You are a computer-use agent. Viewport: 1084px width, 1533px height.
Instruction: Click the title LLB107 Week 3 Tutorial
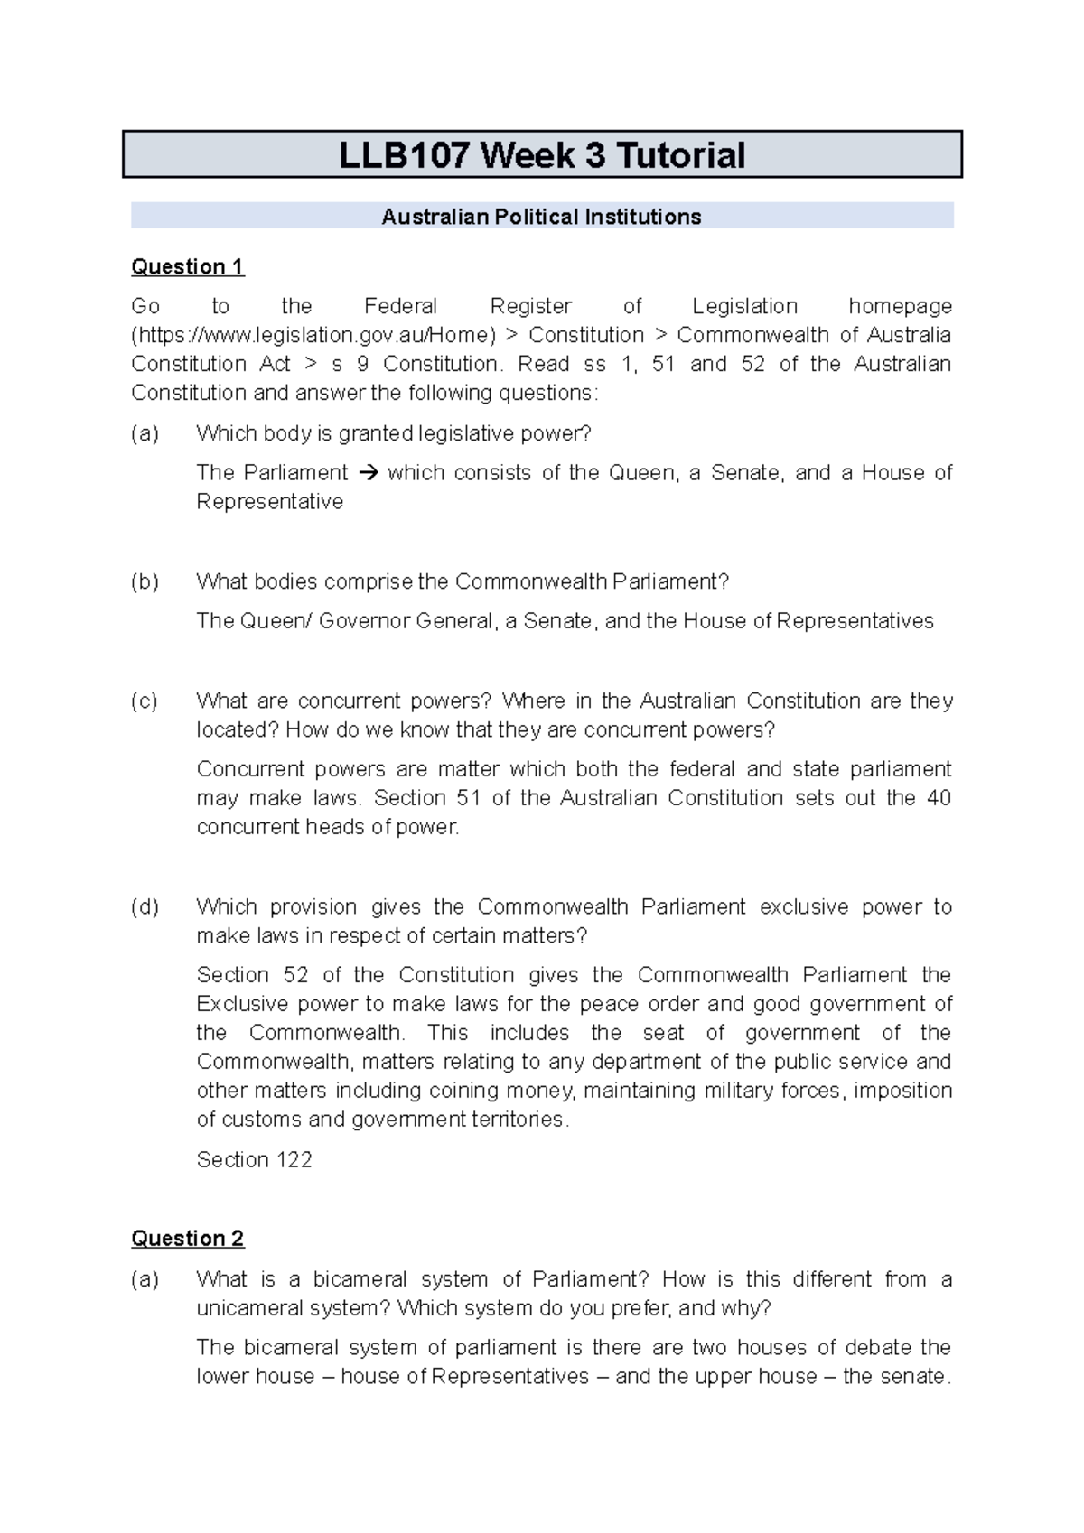click(x=542, y=155)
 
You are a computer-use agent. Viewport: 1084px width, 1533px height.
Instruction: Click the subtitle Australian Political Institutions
click(x=541, y=217)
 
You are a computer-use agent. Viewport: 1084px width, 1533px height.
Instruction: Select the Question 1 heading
click(x=187, y=267)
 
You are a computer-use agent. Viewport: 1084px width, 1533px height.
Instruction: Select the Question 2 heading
click(x=187, y=1239)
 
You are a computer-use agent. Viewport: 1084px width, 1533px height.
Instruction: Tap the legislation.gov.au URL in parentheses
click(x=313, y=336)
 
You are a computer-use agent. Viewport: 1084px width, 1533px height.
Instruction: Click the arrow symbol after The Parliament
click(x=367, y=473)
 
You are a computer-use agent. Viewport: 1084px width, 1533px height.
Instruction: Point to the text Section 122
click(x=254, y=1160)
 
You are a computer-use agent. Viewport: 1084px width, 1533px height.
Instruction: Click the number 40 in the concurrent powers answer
click(x=939, y=798)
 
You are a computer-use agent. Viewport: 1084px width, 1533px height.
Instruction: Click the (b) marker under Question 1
click(x=145, y=582)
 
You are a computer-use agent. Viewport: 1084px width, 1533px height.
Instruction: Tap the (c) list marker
click(x=145, y=701)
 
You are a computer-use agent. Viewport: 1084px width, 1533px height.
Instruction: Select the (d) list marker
click(x=145, y=907)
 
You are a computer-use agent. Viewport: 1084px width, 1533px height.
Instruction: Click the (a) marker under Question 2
click(x=145, y=1279)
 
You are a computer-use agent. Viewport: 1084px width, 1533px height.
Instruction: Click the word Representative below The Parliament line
click(x=269, y=502)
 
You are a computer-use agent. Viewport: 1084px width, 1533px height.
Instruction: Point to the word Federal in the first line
click(x=400, y=307)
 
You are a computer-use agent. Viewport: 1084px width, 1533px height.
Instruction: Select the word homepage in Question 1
click(x=900, y=307)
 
